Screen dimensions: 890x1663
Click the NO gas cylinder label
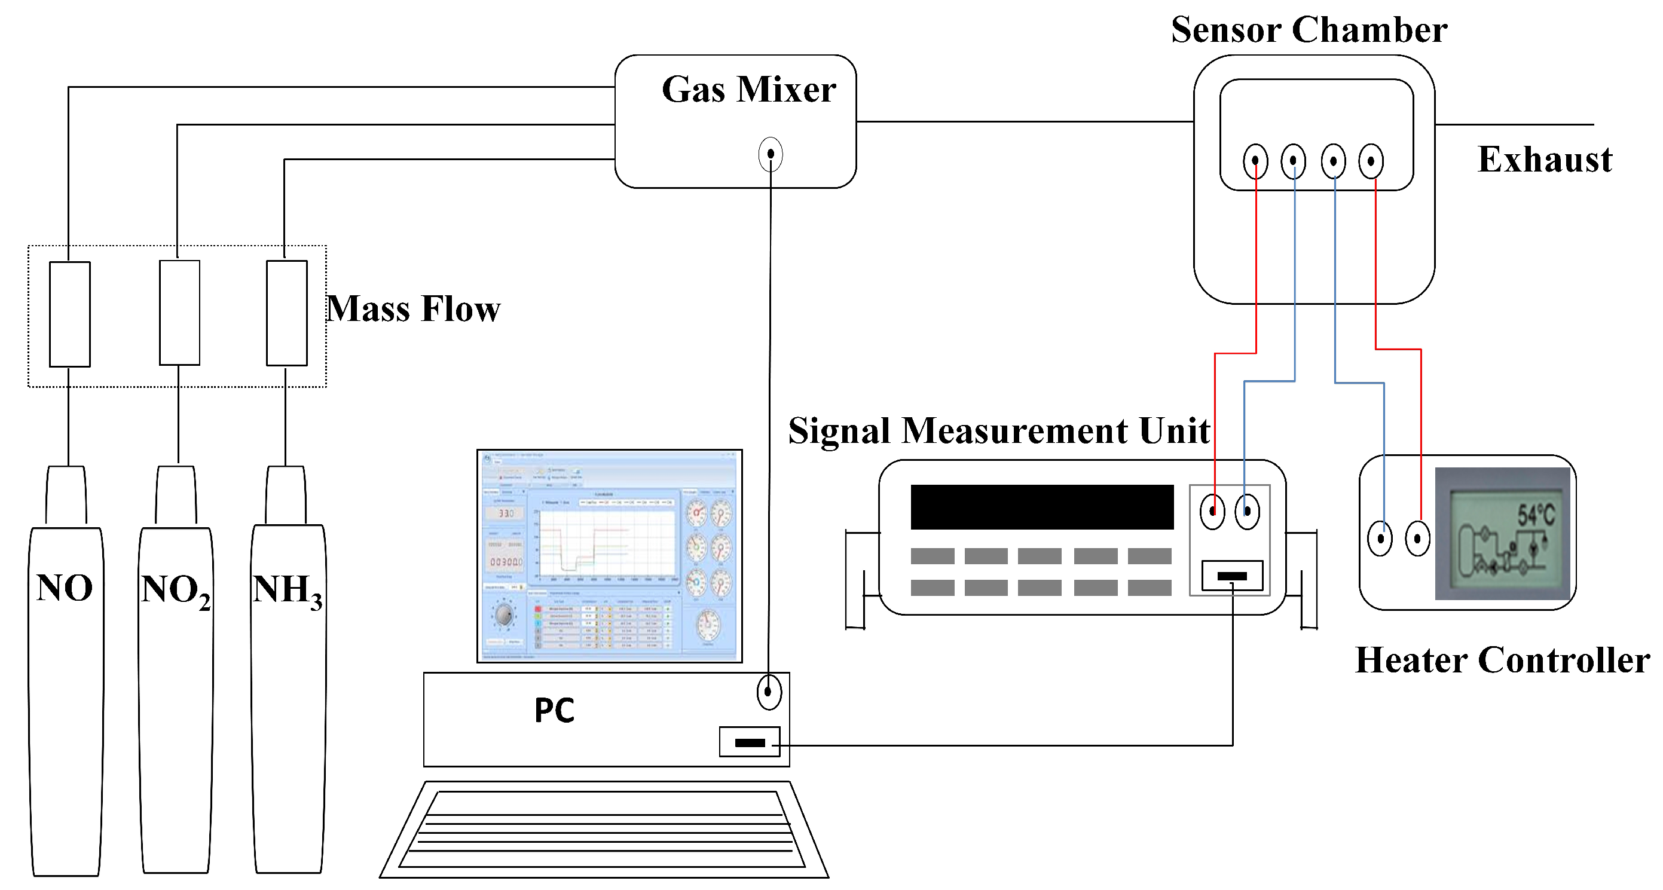pyautogui.click(x=65, y=588)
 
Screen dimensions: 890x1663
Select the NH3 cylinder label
pyautogui.click(x=288, y=591)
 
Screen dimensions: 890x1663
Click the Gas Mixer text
pyautogui.click(x=749, y=89)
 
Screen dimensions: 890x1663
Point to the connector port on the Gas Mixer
pyautogui.click(x=770, y=154)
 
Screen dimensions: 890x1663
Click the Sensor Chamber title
pyautogui.click(x=1309, y=30)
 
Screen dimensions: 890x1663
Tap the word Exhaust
pyautogui.click(x=1544, y=160)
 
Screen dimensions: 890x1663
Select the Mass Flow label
pyautogui.click(x=413, y=308)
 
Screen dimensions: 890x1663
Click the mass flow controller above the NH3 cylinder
pyautogui.click(x=287, y=313)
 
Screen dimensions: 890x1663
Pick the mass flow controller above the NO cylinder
pyautogui.click(x=70, y=314)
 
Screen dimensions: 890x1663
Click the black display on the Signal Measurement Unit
pyautogui.click(x=1041, y=507)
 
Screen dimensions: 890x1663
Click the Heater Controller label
pyautogui.click(x=1502, y=660)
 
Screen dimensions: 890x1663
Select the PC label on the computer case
pyautogui.click(x=554, y=710)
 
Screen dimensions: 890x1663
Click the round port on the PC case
pyautogui.click(x=769, y=692)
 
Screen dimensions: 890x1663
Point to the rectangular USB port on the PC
pyautogui.click(x=750, y=742)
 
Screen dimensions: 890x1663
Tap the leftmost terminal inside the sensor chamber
pyautogui.click(x=1255, y=161)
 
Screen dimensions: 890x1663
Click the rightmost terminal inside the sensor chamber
pyautogui.click(x=1371, y=161)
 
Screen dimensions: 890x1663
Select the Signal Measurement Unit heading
pyautogui.click(x=999, y=430)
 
